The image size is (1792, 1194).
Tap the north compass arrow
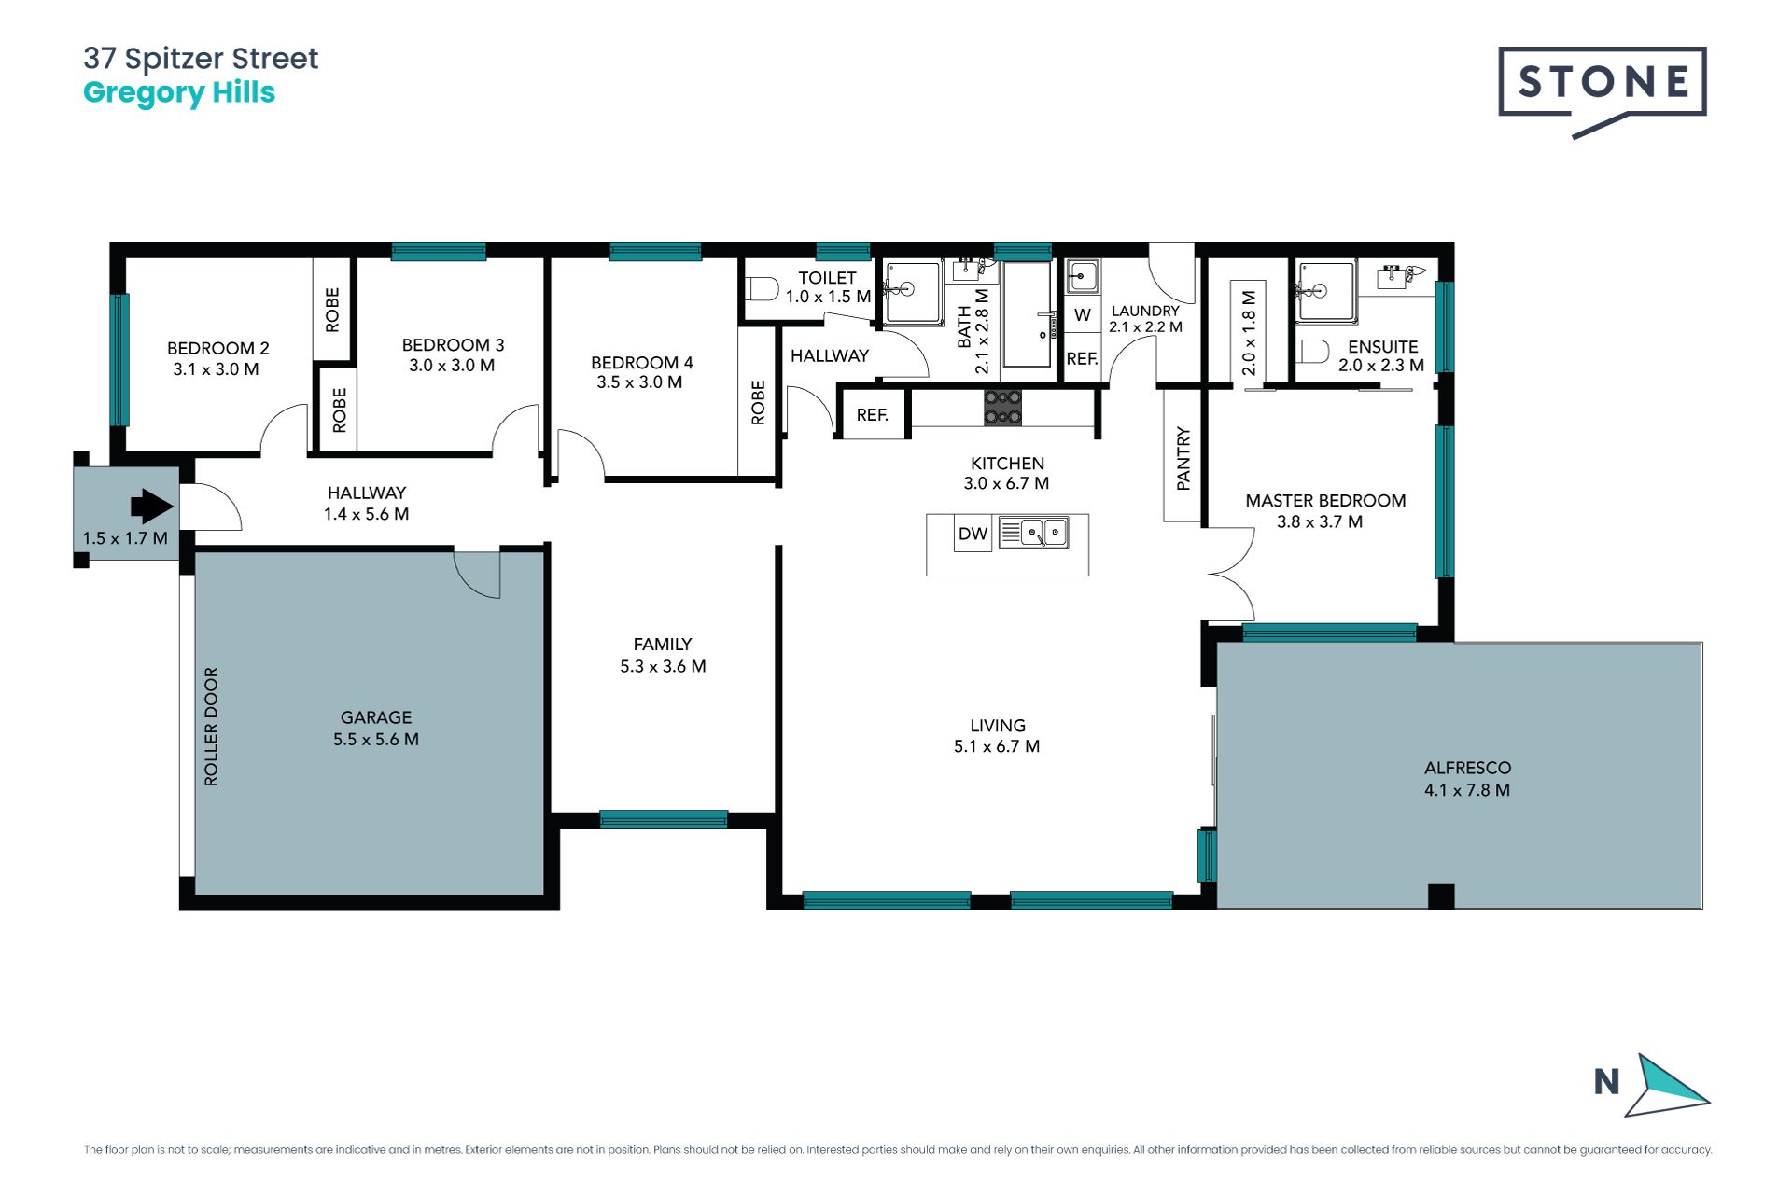1667,1086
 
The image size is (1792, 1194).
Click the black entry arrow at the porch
152,507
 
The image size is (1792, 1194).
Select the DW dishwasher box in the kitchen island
973,534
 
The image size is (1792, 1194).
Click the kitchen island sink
1033,533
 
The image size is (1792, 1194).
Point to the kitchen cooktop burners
1002,407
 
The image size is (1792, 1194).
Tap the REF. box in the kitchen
873,414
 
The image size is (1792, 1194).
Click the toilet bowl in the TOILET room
763,288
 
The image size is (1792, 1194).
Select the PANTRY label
1183,458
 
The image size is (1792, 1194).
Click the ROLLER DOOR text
211,727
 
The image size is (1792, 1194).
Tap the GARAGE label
376,717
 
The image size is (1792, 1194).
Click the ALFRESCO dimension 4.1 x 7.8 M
1467,790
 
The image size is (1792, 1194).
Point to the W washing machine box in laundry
1083,314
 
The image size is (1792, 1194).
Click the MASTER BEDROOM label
1325,501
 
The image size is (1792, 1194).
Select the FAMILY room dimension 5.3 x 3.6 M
663,666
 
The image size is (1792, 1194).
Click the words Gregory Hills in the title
179,93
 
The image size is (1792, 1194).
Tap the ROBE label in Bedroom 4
758,402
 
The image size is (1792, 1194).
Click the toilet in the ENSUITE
1312,352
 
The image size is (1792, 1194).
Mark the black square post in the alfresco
1441,896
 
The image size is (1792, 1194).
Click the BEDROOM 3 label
453,345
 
